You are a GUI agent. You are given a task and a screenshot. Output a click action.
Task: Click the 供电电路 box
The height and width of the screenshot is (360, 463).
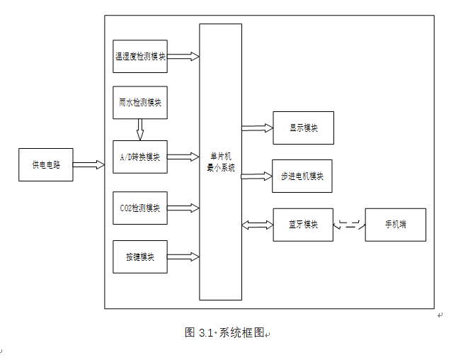[x=46, y=164]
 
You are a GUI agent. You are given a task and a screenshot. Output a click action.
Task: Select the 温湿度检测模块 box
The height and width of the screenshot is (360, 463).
[x=140, y=56]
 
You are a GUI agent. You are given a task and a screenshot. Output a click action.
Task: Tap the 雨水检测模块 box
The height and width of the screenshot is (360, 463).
[x=140, y=103]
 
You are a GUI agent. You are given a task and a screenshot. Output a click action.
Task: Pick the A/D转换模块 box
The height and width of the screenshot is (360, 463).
[x=140, y=157]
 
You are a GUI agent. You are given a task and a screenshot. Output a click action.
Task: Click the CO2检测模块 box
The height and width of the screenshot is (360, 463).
[x=140, y=208]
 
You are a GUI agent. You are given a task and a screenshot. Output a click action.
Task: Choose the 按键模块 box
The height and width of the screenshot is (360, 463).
[x=140, y=257]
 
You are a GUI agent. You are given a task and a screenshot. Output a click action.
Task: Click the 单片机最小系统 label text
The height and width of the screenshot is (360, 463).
[x=220, y=162]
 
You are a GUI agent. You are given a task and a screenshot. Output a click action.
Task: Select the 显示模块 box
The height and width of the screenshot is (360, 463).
[x=303, y=128]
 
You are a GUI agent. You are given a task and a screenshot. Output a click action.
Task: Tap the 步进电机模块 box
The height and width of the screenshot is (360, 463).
[x=302, y=176]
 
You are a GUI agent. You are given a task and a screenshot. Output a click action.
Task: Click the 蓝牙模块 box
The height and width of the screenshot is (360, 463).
[x=303, y=225]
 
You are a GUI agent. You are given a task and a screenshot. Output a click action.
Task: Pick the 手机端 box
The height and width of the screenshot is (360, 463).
[x=395, y=225]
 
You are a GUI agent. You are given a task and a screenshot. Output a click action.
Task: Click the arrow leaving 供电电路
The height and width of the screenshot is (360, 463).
[x=88, y=164]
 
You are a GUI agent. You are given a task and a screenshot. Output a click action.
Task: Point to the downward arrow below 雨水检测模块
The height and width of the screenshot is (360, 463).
[x=140, y=129]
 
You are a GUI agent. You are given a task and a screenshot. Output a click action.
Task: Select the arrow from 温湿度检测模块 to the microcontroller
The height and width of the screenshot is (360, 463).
[x=183, y=56]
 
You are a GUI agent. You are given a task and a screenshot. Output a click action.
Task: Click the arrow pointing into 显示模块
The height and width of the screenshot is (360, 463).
[x=257, y=128]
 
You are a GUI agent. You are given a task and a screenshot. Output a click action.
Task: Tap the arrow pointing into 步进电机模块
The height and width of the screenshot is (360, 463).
[x=257, y=176]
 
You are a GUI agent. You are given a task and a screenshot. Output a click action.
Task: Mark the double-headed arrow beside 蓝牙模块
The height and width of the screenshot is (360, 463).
[x=257, y=225]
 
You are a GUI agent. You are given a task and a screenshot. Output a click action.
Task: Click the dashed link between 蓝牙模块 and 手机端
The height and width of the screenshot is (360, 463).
[x=349, y=225]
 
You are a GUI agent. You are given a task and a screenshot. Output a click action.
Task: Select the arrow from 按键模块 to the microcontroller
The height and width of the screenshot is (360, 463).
[x=183, y=256]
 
